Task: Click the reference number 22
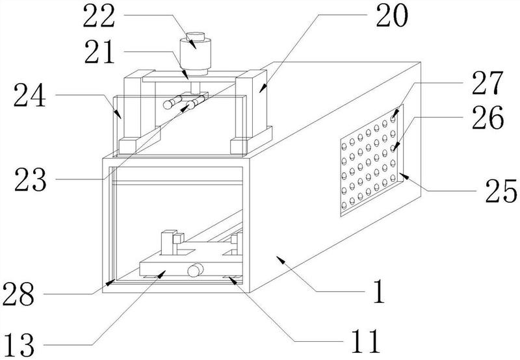(x=99, y=16)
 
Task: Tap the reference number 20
(x=392, y=16)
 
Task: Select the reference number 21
(x=99, y=52)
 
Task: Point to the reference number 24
(x=29, y=95)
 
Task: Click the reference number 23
(x=31, y=180)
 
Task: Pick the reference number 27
(x=487, y=83)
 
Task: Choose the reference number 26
(x=488, y=118)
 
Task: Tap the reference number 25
(x=501, y=191)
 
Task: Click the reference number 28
(x=18, y=294)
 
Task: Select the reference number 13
(x=19, y=345)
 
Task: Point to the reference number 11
(x=365, y=341)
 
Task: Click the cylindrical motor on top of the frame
(x=196, y=54)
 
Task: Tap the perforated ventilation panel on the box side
(x=372, y=161)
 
